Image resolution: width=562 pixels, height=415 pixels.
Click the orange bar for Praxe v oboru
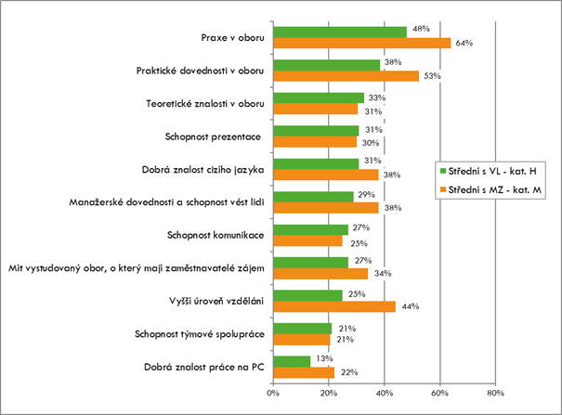pos(362,43)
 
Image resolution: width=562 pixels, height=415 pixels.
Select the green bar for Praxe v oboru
pos(340,32)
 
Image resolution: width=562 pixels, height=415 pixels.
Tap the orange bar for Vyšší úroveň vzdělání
pos(334,305)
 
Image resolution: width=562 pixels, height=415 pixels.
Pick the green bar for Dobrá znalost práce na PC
pos(292,360)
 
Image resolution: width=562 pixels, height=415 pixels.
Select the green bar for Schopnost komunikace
pos(311,228)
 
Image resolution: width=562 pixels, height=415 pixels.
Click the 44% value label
pos(410,305)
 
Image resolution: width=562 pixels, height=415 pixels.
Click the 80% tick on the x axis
pos(494,393)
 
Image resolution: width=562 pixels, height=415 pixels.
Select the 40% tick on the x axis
pos(384,393)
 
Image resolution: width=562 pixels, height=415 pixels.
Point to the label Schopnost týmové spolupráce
pos(201,333)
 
